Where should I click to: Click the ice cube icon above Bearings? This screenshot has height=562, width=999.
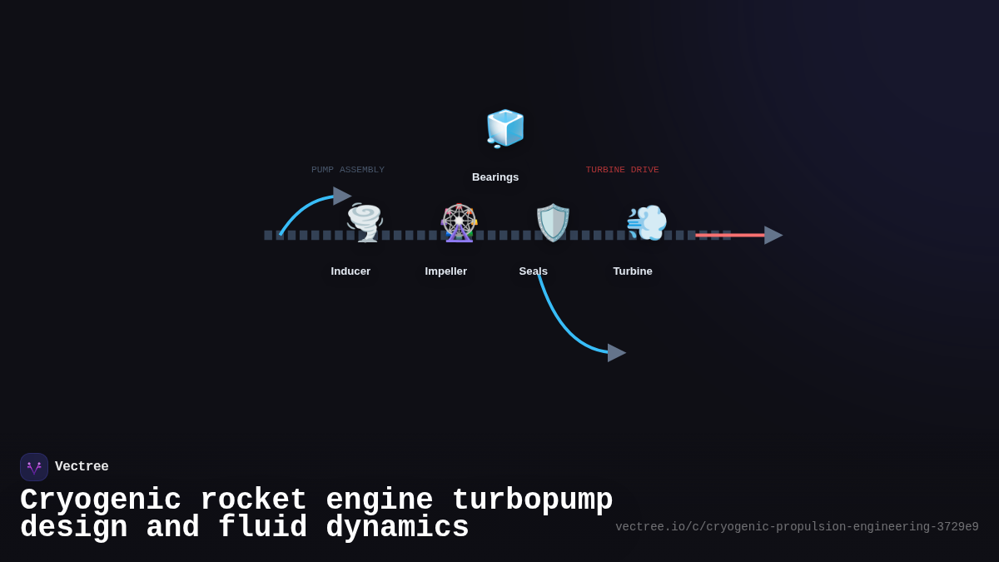[504, 128]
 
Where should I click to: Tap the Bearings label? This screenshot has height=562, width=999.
[495, 177]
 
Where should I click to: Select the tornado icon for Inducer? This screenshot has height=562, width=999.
[365, 222]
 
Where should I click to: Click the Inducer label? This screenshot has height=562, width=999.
[350, 271]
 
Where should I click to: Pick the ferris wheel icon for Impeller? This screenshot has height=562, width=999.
[459, 222]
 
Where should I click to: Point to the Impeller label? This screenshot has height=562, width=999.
[446, 271]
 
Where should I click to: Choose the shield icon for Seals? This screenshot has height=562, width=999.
[553, 222]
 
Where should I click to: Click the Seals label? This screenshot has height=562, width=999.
[533, 271]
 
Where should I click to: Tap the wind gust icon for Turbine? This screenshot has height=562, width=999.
[647, 222]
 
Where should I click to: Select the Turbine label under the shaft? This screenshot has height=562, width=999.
[633, 271]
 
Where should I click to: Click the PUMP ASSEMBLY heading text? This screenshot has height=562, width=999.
[348, 170]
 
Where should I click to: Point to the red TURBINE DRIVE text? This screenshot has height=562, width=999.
[622, 170]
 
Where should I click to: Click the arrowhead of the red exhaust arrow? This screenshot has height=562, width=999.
[773, 236]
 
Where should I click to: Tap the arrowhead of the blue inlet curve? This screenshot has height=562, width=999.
[341, 196]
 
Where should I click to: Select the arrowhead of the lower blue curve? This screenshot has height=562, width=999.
[616, 353]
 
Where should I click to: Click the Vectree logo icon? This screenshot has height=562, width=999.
[34, 467]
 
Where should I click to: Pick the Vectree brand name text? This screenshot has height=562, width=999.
[82, 467]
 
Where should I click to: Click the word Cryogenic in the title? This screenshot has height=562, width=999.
[101, 500]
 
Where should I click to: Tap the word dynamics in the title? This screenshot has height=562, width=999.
[397, 528]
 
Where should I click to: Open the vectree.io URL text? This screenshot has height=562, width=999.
[797, 527]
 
